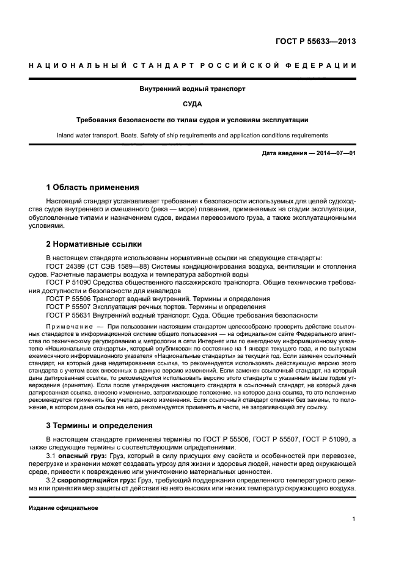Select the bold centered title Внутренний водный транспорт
193,89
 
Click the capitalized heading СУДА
193,104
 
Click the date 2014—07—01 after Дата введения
334,153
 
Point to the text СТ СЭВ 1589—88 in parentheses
116,266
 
